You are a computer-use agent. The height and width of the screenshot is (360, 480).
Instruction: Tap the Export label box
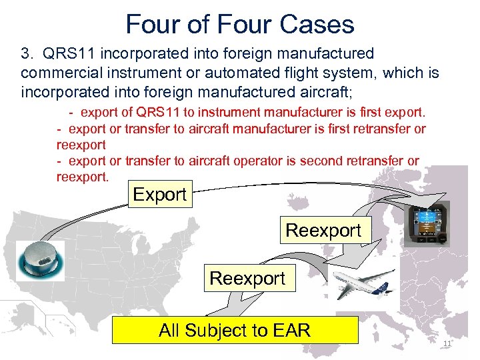coord(159,195)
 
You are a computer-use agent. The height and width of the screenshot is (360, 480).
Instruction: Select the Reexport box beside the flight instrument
coord(323,231)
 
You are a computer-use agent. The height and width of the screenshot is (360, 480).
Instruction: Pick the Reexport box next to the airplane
coord(247,278)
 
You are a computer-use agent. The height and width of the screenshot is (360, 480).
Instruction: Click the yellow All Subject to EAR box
coord(235,330)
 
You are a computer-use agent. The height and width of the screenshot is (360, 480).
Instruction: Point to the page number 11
coord(447,343)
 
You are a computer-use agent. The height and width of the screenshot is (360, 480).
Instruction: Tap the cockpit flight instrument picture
coord(427,223)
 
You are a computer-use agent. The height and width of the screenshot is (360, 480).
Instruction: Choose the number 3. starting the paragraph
coord(28,53)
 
